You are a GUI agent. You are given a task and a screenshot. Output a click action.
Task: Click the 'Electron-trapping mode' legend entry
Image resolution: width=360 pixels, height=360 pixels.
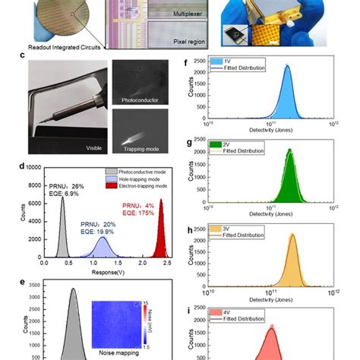click(137, 183)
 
